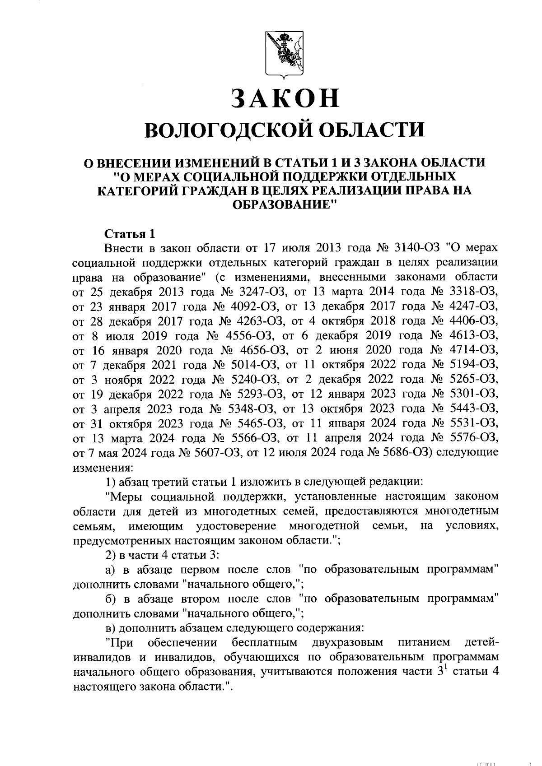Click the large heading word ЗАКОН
click(285, 98)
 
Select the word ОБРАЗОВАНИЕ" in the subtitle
click(285, 204)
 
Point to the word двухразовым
click(347, 643)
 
